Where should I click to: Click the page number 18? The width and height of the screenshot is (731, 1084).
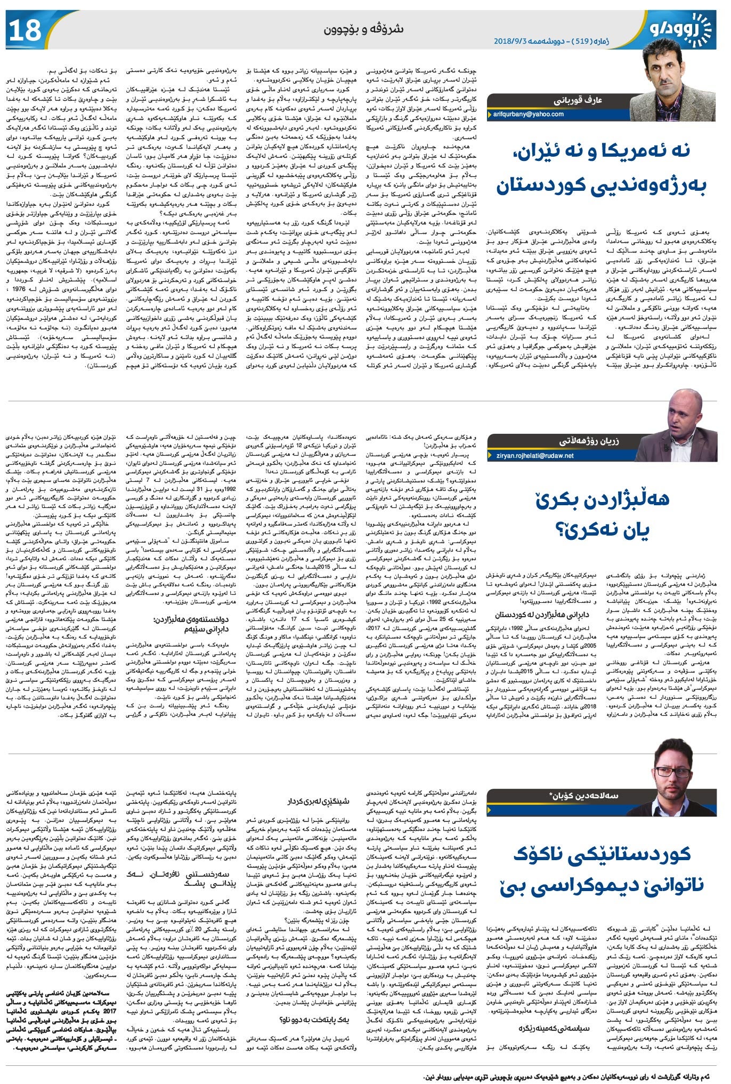(x=26, y=30)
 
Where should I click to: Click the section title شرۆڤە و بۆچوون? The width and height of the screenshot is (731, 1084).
(x=364, y=29)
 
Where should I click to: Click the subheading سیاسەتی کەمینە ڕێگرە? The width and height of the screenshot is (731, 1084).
(x=547, y=1028)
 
